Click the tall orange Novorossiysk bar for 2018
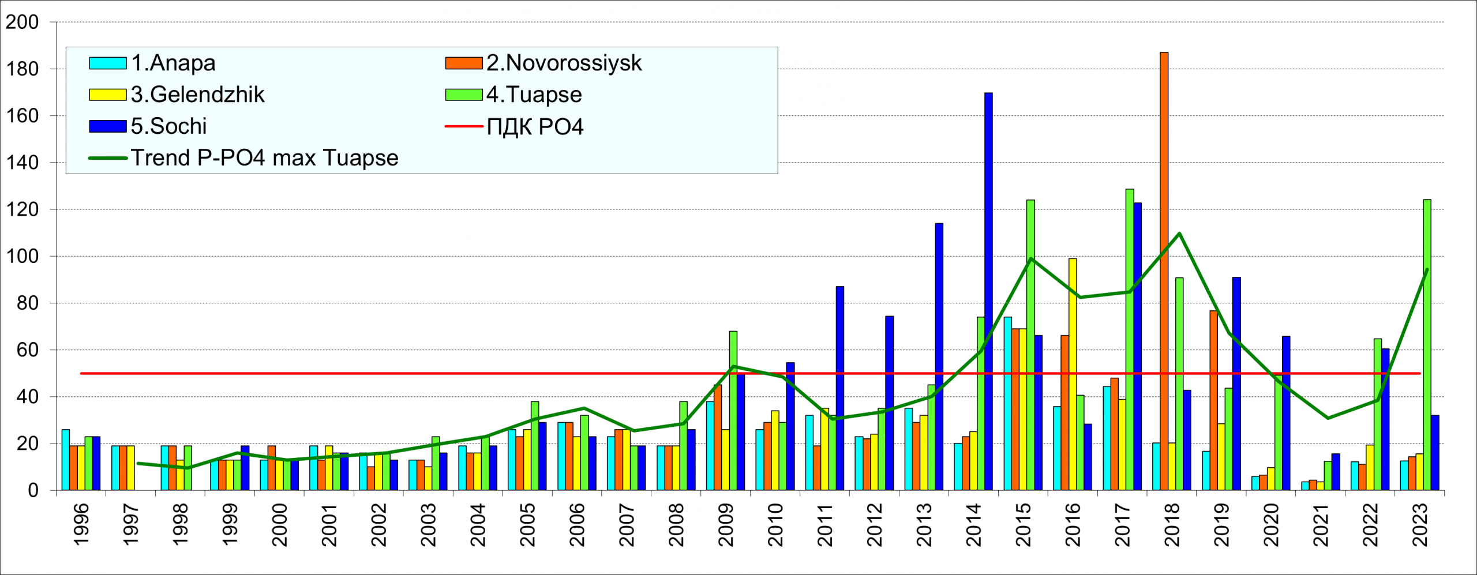[1164, 271]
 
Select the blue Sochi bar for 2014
[988, 291]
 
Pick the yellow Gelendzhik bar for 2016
[1072, 374]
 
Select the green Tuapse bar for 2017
[1129, 340]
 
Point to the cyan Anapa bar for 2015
[1007, 404]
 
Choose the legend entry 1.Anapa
[173, 63]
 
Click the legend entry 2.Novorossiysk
[564, 63]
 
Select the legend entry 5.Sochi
[168, 126]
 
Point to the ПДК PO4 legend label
[535, 127]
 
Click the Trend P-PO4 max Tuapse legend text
[264, 158]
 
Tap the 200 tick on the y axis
[22, 22]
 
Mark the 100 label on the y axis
[22, 256]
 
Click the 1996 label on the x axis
[81, 524]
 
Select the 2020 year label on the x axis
[1271, 524]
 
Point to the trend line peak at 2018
[1179, 234]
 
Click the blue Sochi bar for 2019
[1236, 384]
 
